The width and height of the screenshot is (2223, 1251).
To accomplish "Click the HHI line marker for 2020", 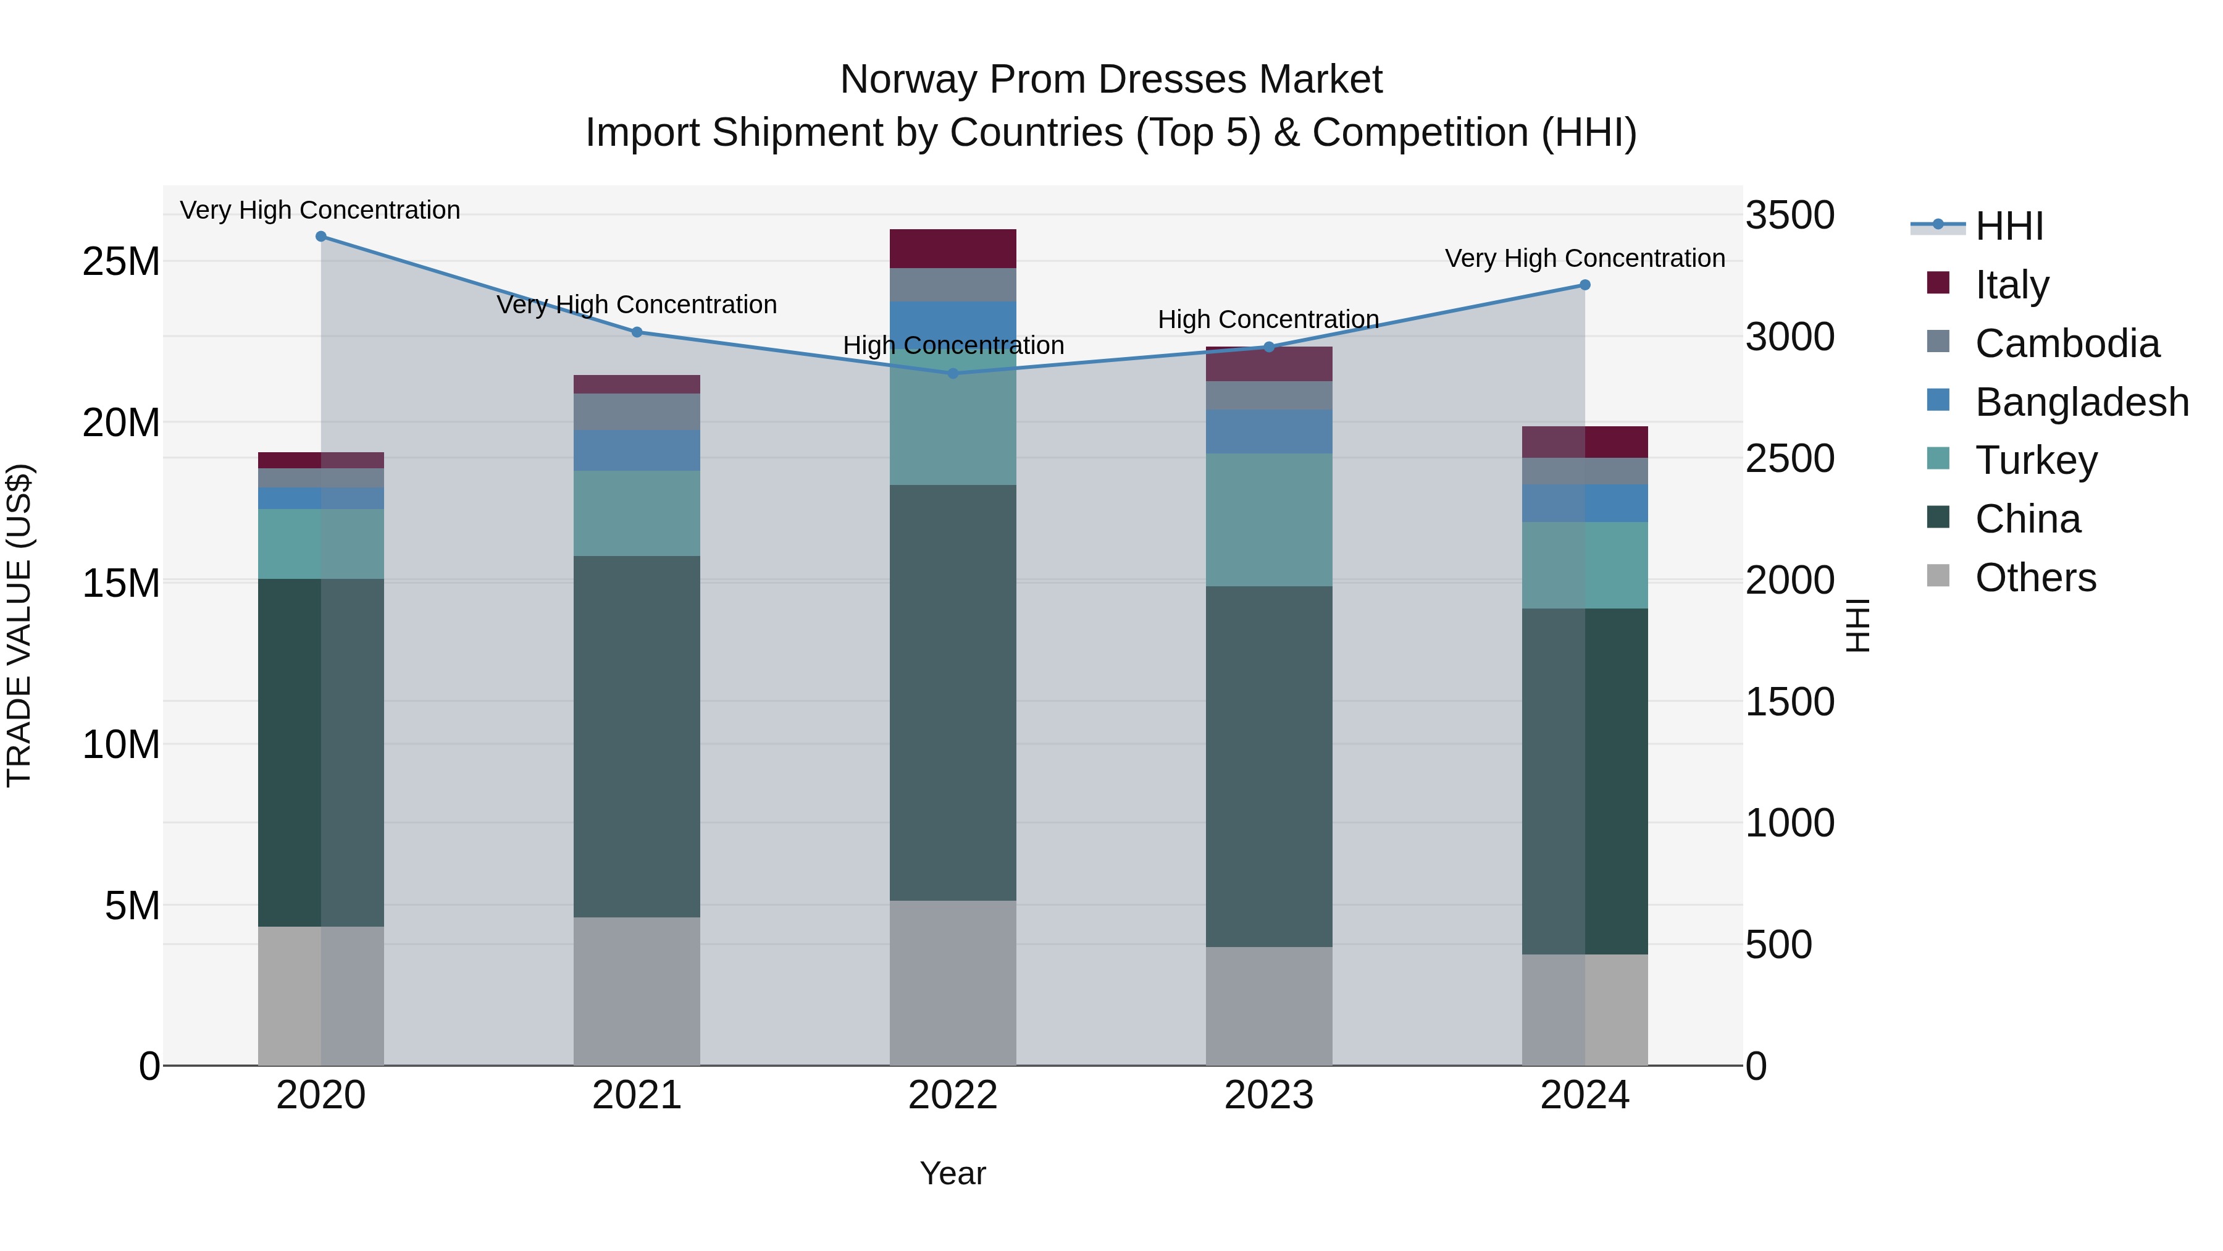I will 321,237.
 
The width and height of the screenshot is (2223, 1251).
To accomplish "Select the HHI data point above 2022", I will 953,374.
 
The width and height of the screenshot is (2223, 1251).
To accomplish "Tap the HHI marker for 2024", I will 1585,285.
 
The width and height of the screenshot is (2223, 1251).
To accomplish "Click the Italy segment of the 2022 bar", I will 953,248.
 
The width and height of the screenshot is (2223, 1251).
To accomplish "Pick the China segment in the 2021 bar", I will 637,736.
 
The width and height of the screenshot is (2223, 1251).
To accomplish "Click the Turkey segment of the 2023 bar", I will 1268,520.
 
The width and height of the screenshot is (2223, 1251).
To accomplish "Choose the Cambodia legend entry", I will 2067,343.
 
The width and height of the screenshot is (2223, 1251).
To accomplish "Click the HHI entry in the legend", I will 2008,226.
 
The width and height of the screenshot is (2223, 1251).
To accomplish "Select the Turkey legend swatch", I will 1938,460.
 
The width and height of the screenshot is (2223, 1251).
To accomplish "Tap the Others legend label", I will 2035,578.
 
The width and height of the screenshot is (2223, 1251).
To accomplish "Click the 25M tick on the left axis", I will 121,261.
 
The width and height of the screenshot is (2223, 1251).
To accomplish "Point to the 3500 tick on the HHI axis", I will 1790,215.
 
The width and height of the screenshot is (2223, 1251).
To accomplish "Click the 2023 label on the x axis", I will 1268,1095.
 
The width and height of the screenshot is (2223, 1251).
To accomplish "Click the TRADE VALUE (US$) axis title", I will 19,625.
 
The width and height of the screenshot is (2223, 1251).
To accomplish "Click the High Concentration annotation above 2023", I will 1268,319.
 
